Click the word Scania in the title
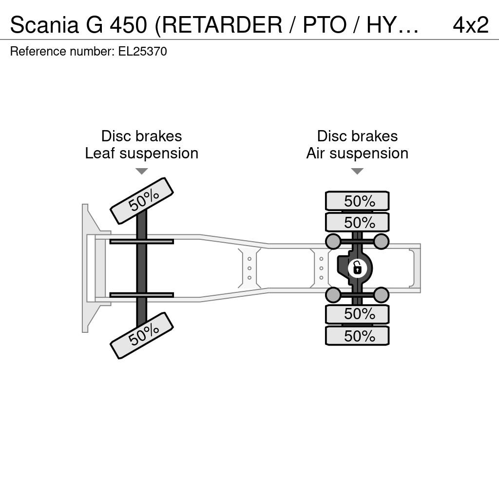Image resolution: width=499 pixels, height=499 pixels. click(x=44, y=25)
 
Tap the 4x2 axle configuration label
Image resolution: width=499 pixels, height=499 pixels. click(x=471, y=25)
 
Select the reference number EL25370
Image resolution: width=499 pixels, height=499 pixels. click(x=143, y=51)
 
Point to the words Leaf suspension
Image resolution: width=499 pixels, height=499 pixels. click(x=142, y=154)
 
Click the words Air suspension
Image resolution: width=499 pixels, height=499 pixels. click(x=357, y=154)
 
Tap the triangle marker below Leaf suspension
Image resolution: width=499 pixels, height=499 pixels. click(x=142, y=171)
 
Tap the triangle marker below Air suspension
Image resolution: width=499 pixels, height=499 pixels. click(x=357, y=171)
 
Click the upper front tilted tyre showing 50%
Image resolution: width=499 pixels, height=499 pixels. click(x=142, y=201)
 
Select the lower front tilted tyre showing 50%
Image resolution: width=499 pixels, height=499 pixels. click(x=142, y=335)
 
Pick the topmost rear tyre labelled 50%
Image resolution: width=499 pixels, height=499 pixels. click(x=357, y=201)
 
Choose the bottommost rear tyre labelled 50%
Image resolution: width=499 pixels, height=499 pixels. click(x=357, y=336)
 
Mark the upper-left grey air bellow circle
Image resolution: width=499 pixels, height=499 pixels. click(x=333, y=241)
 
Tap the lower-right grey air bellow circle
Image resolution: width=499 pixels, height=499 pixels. click(x=381, y=295)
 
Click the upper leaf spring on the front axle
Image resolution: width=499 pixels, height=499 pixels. click(x=142, y=242)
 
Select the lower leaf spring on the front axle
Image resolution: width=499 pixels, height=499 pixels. click(x=142, y=295)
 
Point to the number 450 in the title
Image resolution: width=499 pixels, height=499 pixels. click(x=129, y=25)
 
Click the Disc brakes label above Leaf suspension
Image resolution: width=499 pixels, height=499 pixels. click(x=142, y=136)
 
